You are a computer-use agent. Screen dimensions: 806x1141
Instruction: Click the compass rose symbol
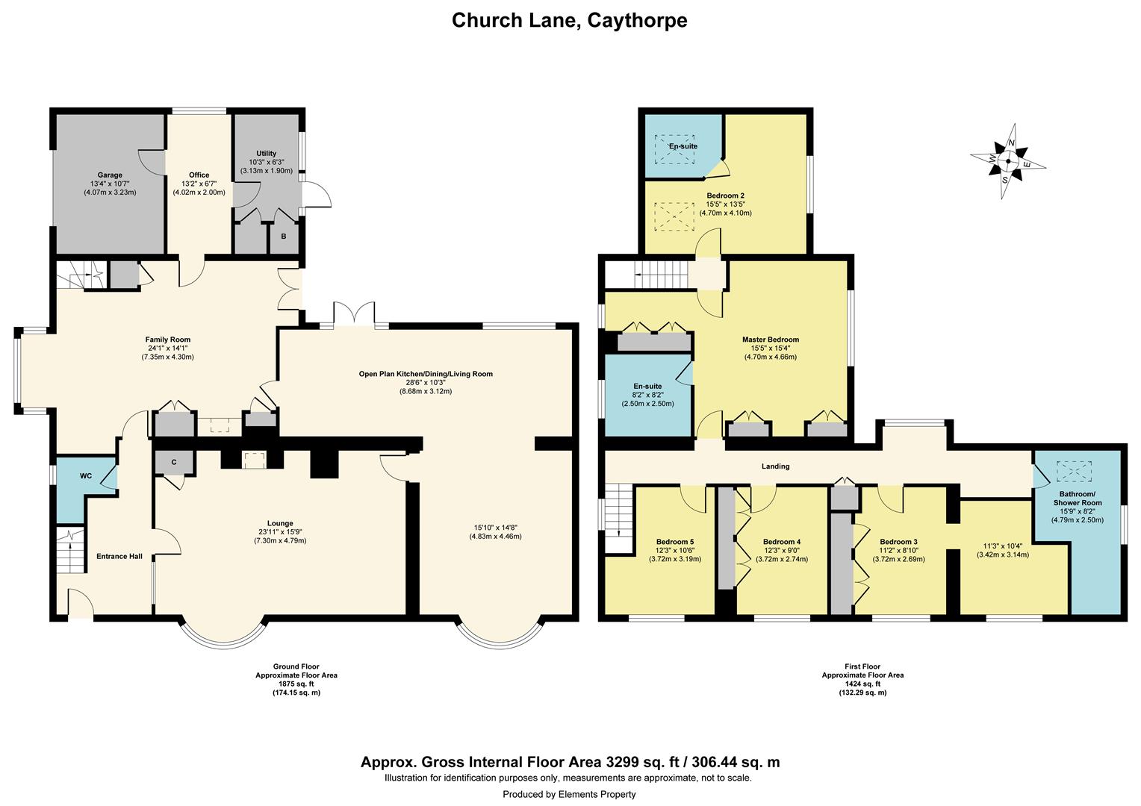[1008, 161]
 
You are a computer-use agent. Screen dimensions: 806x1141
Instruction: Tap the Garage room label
[108, 175]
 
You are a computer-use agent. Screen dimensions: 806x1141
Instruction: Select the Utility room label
[266, 152]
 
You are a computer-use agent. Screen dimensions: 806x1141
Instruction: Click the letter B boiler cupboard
[284, 237]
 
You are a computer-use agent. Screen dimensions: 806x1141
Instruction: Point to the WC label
[86, 475]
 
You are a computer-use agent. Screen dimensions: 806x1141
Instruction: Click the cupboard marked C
[173, 463]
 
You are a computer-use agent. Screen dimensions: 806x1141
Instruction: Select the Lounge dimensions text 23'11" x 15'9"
[281, 532]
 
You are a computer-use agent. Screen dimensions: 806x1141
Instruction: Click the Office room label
[199, 175]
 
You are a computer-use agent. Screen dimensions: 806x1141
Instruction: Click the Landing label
[775, 466]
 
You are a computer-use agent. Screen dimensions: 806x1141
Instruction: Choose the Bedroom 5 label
[675, 542]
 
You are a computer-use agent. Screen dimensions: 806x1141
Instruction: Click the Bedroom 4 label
[782, 542]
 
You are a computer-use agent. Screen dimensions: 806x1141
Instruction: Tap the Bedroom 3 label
[898, 542]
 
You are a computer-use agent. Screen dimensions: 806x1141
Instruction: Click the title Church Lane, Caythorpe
[570, 20]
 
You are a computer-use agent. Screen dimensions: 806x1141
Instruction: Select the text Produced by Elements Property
[569, 794]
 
